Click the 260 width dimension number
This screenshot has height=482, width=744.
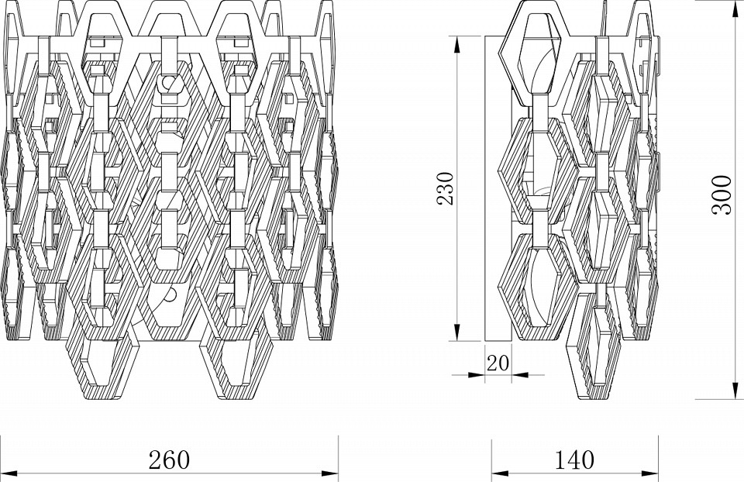click(x=169, y=460)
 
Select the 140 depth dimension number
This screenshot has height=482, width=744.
click(x=573, y=460)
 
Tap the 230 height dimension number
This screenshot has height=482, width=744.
click(x=446, y=188)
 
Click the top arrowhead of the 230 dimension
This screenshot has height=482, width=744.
click(x=458, y=41)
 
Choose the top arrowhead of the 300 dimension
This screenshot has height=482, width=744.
click(x=732, y=8)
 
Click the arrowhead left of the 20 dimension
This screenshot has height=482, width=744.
click(x=479, y=374)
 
